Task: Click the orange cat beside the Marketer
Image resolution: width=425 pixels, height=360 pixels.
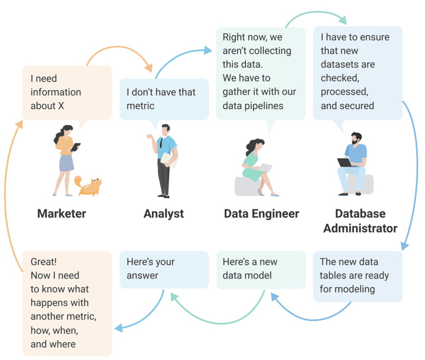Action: click(x=88, y=185)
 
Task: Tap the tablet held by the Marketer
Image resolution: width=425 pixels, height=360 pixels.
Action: click(x=75, y=147)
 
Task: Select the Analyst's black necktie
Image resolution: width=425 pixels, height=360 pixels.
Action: click(x=161, y=142)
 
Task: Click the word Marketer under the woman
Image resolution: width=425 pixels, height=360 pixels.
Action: click(x=61, y=214)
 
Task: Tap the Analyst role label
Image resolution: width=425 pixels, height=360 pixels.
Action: click(x=164, y=214)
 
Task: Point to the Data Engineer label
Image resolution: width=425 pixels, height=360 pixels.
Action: click(x=262, y=214)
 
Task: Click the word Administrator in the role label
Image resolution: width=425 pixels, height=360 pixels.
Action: click(x=360, y=228)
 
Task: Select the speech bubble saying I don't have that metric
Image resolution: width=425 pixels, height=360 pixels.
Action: click(x=164, y=99)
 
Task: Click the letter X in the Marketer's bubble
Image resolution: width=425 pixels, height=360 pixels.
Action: click(x=61, y=106)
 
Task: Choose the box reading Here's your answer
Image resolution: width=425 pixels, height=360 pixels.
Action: click(x=164, y=270)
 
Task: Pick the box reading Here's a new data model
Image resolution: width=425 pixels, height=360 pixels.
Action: click(x=261, y=270)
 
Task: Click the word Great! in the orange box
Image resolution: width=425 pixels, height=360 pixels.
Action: click(x=44, y=262)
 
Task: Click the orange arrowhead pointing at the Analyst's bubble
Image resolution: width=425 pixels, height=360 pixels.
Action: click(x=149, y=68)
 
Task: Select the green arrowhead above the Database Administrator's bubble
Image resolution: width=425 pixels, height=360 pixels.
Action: click(x=343, y=20)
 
